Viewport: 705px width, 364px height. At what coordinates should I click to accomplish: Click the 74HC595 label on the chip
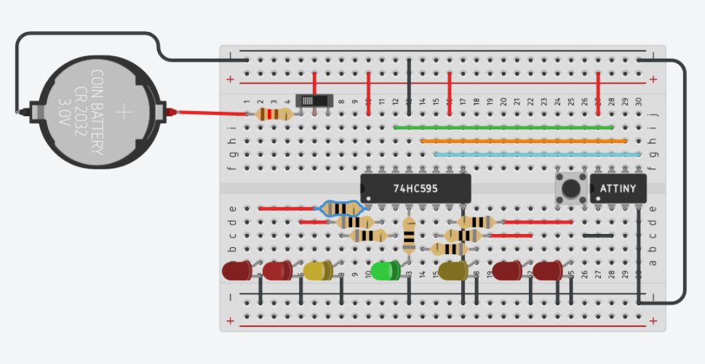[x=416, y=188]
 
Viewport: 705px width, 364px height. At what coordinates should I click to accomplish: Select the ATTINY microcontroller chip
[x=618, y=189]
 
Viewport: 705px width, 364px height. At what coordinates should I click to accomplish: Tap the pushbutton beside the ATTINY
[x=571, y=188]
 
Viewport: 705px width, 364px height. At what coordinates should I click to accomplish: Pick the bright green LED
[x=384, y=271]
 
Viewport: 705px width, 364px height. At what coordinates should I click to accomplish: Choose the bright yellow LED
[x=317, y=271]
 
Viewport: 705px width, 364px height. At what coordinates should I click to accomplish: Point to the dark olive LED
[x=453, y=271]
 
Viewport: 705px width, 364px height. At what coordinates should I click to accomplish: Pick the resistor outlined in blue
[x=342, y=209]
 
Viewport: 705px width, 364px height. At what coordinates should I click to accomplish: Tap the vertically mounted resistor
[x=409, y=235]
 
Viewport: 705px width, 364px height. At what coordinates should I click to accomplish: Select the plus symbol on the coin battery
[x=124, y=112]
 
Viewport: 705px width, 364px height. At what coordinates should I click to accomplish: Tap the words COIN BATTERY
[x=96, y=113]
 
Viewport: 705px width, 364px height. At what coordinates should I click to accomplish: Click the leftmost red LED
[x=236, y=271]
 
